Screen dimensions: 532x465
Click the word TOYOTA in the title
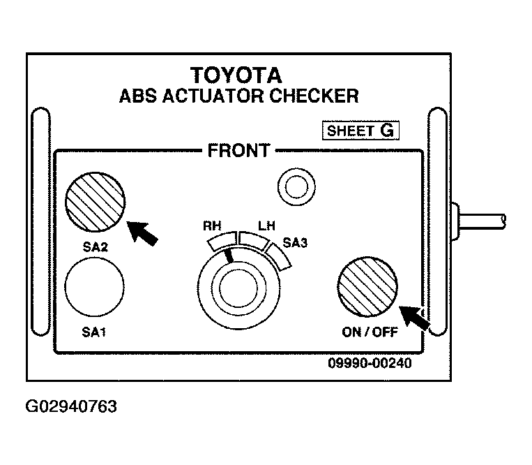tap(236, 75)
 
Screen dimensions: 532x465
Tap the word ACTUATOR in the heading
tap(213, 96)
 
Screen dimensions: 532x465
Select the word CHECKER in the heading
tap(314, 96)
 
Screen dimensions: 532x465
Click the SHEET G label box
tap(360, 131)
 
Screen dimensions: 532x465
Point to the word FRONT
tap(239, 151)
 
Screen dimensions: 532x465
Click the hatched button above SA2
tap(96, 202)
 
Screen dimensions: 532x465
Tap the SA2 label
tap(95, 247)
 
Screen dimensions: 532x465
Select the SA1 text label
tap(94, 332)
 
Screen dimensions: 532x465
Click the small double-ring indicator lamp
tap(296, 187)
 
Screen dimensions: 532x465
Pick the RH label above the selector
tap(212, 226)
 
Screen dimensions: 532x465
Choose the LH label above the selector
tap(266, 226)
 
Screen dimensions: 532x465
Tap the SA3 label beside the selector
tap(295, 243)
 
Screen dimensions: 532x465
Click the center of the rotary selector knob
tap(238, 288)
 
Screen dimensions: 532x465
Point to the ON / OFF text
tap(370, 332)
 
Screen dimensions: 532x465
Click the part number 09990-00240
tap(370, 363)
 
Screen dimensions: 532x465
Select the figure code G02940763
tap(71, 406)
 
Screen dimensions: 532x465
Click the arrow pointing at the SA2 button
tap(142, 232)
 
